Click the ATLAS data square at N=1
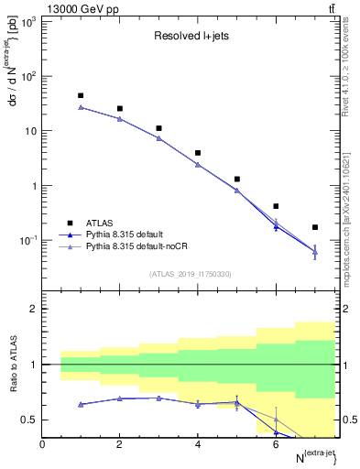click(81, 95)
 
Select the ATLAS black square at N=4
click(198, 153)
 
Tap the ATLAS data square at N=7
click(315, 227)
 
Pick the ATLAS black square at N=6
click(276, 206)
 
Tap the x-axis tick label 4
click(198, 445)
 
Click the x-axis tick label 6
click(276, 445)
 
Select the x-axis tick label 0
click(42, 445)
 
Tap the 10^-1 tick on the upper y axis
click(26, 241)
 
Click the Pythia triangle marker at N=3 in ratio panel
click(158, 398)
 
